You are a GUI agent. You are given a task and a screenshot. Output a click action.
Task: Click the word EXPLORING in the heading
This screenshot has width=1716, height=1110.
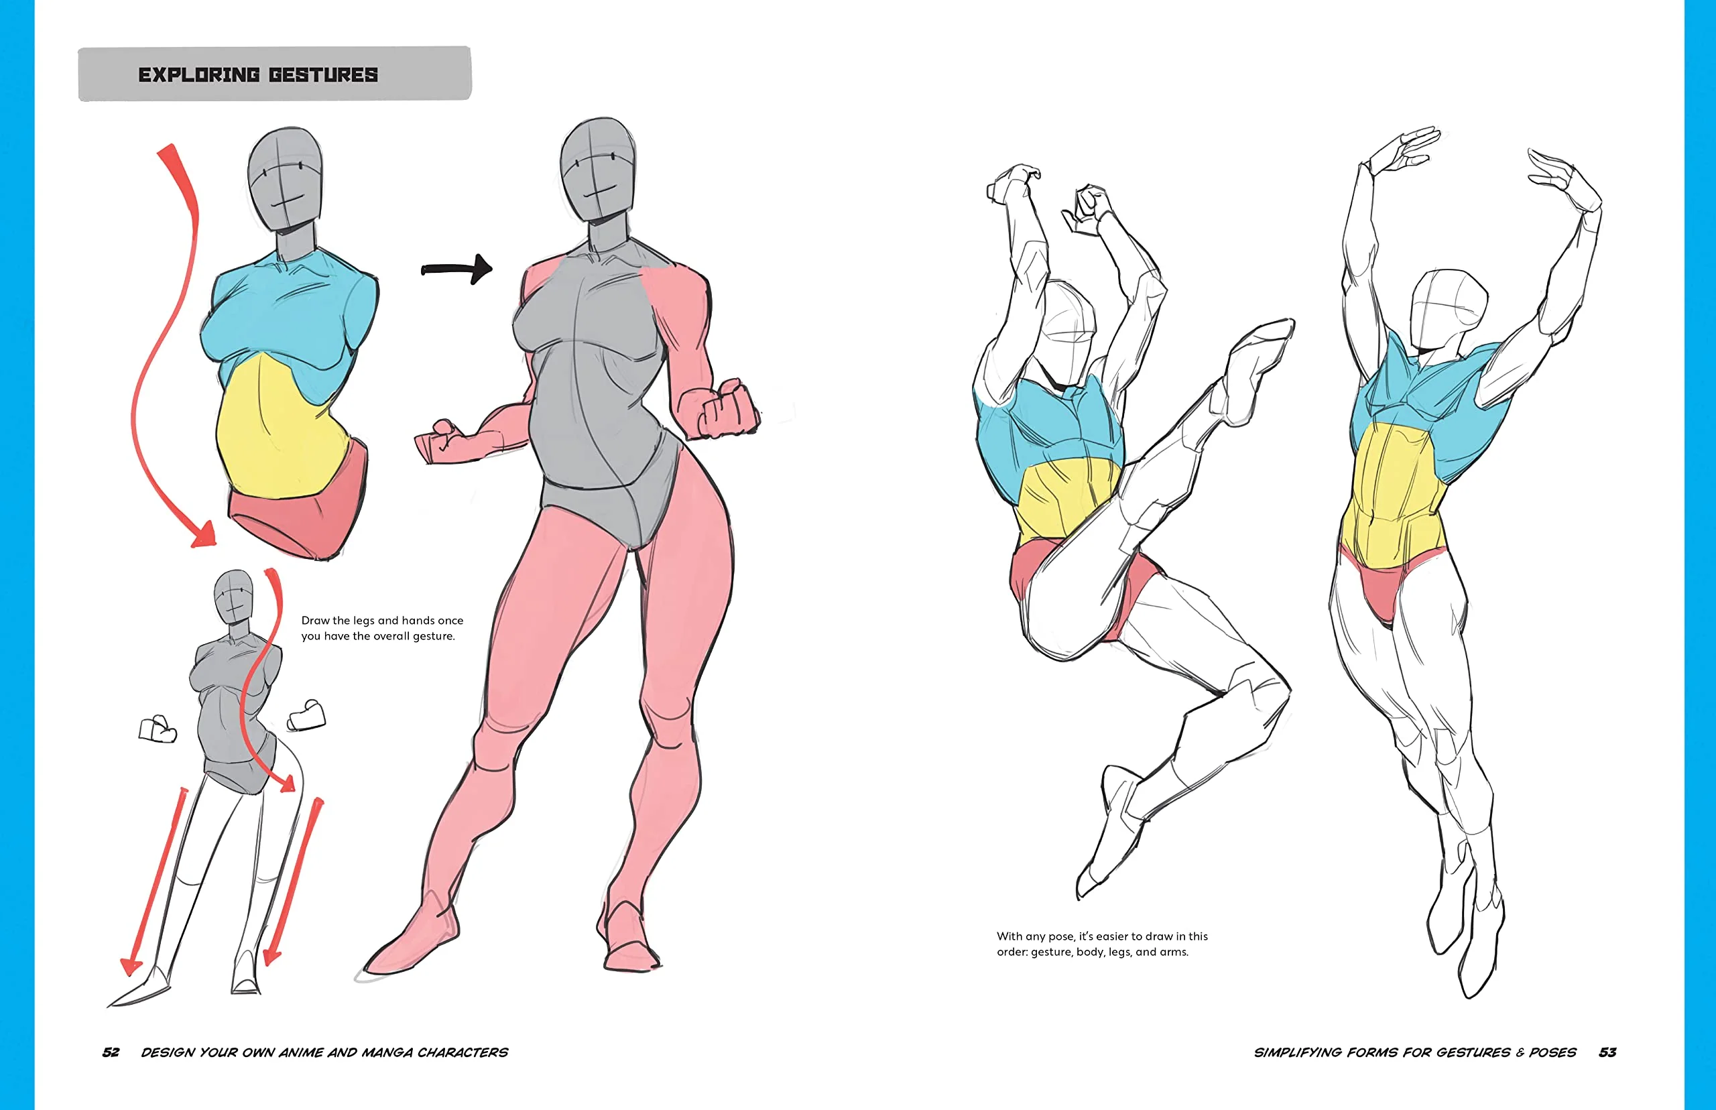click(x=199, y=75)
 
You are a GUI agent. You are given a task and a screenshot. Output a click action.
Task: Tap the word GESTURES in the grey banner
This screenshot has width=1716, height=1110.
click(x=324, y=75)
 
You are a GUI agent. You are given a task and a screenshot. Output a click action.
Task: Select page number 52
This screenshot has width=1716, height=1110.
click(x=111, y=1052)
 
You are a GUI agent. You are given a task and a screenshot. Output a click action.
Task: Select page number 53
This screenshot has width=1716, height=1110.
click(x=1607, y=1052)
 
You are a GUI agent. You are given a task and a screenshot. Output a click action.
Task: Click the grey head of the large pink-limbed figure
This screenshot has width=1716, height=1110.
click(x=598, y=170)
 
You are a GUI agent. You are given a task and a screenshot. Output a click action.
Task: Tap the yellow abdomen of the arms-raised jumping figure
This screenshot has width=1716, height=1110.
click(x=1394, y=497)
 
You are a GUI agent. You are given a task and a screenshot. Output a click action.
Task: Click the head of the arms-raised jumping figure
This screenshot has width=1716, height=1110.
click(x=1447, y=310)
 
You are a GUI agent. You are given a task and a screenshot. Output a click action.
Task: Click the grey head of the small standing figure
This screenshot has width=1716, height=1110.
click(x=234, y=597)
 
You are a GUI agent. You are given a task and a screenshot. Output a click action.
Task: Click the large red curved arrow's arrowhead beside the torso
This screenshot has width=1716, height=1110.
click(x=204, y=534)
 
